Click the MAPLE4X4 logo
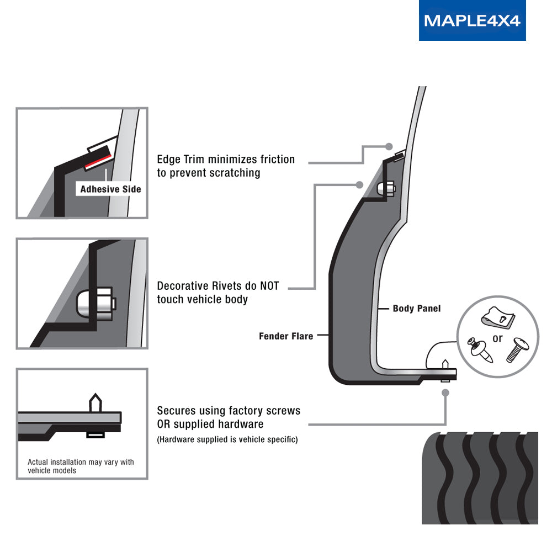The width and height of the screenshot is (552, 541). click(472, 20)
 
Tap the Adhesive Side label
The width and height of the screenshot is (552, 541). click(110, 189)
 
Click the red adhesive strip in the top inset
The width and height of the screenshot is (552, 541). click(99, 159)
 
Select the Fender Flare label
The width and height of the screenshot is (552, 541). click(286, 336)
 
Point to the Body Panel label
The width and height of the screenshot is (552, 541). click(416, 309)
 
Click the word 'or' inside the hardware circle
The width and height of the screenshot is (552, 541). click(497, 338)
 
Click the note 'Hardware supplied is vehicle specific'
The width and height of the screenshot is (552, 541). click(227, 440)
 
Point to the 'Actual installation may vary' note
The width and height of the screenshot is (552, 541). click(81, 466)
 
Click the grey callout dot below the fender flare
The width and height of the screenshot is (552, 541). click(445, 393)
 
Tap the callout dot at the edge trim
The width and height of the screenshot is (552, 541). click(389, 146)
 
